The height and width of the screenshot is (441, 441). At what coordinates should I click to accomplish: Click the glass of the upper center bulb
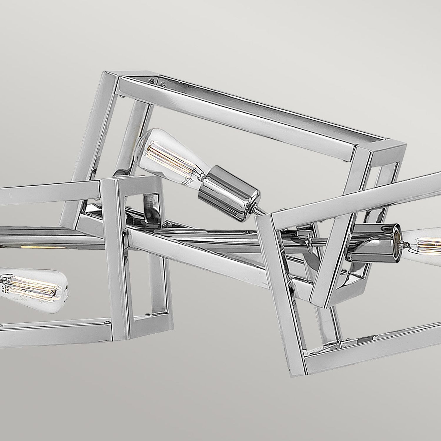165,153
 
